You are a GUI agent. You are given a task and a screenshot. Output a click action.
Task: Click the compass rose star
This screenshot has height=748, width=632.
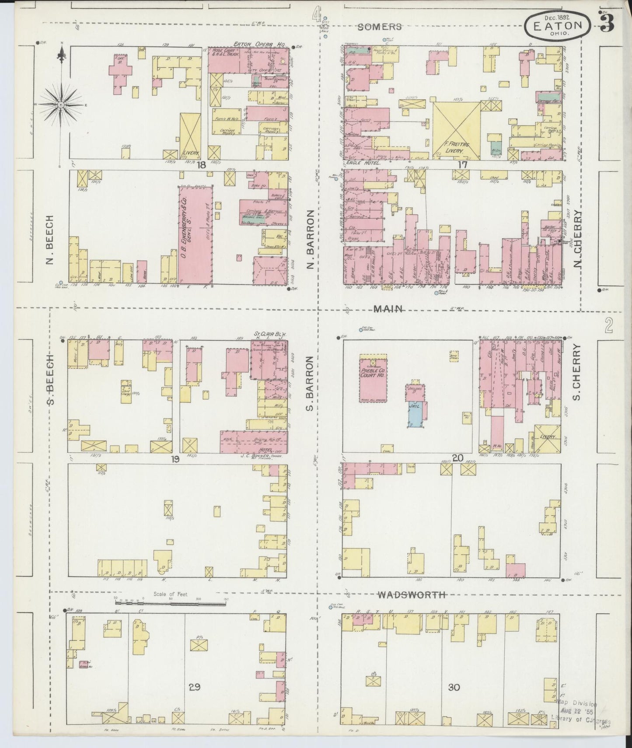pos(61,105)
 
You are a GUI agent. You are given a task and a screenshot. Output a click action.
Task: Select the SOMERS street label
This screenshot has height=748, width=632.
pos(379,27)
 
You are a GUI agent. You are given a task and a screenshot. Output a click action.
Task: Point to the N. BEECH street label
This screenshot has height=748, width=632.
pos(49,240)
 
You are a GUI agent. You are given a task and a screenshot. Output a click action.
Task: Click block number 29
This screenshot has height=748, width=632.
pos(195,687)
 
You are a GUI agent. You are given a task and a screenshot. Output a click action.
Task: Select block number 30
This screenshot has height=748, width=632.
pos(454,687)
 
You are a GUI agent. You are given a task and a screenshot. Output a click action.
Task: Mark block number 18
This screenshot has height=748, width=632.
pos(201,164)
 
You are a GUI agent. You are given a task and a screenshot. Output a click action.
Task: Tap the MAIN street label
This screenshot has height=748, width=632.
pos(388,309)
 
